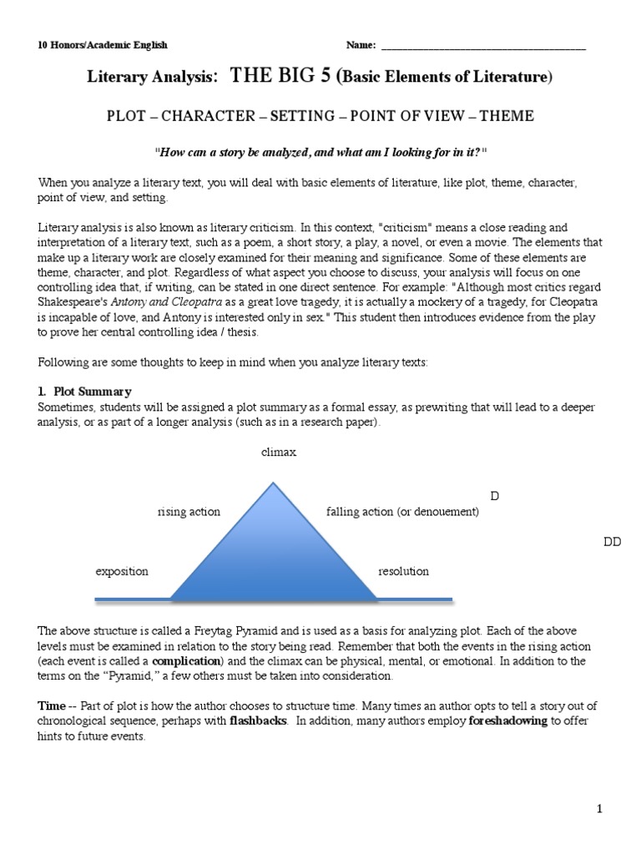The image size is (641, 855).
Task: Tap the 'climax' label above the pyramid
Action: pyautogui.click(x=279, y=453)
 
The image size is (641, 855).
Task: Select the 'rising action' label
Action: pyautogui.click(x=189, y=512)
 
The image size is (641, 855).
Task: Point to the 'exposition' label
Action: pyautogui.click(x=122, y=572)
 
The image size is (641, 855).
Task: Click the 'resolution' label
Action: pyautogui.click(x=403, y=572)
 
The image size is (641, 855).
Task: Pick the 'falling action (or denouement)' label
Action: pyautogui.click(x=403, y=512)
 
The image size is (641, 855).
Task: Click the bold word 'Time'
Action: pyautogui.click(x=52, y=706)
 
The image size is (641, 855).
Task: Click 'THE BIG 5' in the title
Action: pyautogui.click(x=281, y=77)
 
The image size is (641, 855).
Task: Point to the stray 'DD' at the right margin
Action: pyautogui.click(x=613, y=542)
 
